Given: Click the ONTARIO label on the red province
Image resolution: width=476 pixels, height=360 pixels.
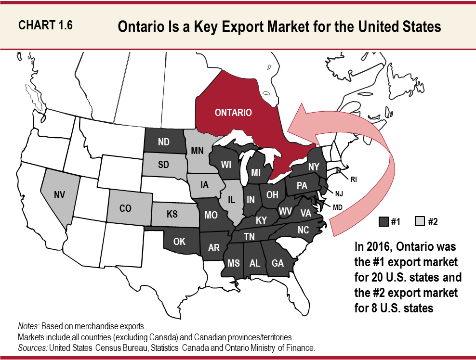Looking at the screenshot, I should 233,113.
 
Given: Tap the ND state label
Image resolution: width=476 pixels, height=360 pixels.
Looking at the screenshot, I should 163,142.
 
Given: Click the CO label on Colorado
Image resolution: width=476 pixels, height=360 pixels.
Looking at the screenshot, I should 125,209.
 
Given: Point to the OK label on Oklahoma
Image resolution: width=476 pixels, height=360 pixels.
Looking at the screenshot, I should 179,242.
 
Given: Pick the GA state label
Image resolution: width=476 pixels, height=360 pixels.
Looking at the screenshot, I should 278,263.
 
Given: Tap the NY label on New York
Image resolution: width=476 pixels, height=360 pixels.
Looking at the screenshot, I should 314,166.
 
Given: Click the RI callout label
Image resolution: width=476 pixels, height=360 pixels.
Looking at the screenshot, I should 353,180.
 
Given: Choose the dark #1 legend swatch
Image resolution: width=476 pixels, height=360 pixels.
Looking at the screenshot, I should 384,222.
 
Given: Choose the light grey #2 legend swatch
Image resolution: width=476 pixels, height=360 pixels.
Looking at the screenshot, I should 419,222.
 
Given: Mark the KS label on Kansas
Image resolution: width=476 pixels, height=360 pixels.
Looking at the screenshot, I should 172,214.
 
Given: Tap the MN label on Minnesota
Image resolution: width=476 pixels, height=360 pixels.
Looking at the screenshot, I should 198,150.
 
